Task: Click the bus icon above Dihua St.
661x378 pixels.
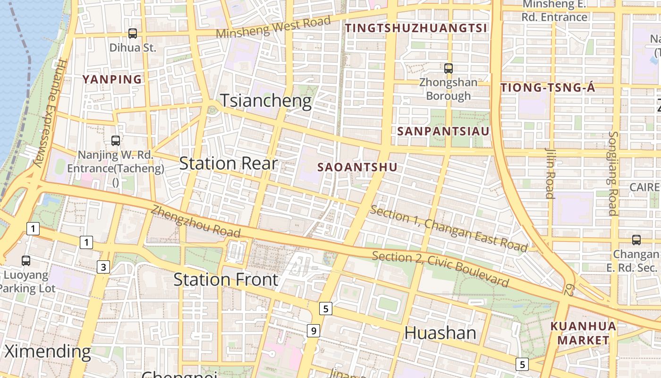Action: click(133, 34)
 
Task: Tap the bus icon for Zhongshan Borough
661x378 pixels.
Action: click(449, 68)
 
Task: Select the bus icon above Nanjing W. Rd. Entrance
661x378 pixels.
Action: click(115, 140)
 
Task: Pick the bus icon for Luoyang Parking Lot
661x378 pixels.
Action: click(26, 260)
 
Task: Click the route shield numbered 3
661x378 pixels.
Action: click(103, 267)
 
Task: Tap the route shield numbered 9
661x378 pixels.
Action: click(314, 330)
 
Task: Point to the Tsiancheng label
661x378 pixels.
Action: click(266, 101)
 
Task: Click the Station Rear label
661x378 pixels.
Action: click(228, 163)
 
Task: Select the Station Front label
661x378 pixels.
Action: click(226, 279)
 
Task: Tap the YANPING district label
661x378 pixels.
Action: click(112, 79)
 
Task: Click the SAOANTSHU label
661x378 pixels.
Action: click(357, 167)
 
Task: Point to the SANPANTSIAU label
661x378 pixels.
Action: click(443, 131)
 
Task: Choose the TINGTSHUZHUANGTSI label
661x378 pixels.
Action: click(415, 28)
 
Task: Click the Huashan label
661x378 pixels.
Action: click(440, 333)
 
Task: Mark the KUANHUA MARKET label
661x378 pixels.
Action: click(583, 333)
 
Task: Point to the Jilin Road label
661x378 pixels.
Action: click(550, 173)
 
